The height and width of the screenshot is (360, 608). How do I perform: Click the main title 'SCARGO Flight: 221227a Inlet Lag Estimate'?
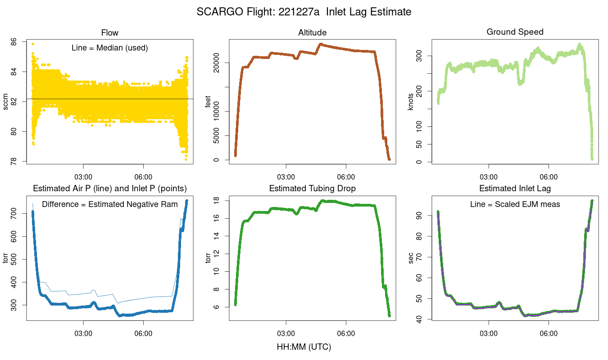[304, 12]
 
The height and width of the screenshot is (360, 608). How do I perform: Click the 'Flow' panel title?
[110, 32]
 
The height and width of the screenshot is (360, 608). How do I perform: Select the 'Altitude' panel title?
[312, 32]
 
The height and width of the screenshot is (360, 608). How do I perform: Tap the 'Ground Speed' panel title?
[515, 32]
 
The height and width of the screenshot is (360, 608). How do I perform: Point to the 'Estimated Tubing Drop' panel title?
[312, 189]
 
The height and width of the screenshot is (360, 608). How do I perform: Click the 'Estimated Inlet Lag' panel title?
[515, 189]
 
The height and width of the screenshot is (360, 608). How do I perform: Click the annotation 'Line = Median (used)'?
[110, 48]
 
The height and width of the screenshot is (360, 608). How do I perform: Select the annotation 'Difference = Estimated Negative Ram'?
[110, 204]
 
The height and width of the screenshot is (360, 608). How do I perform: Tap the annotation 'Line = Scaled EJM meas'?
[515, 204]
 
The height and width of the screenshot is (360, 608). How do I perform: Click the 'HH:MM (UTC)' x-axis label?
[304, 347]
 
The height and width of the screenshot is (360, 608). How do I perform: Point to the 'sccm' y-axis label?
[6, 102]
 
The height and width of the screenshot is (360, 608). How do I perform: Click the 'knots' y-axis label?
[410, 102]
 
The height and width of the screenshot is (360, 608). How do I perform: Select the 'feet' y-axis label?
[208, 102]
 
